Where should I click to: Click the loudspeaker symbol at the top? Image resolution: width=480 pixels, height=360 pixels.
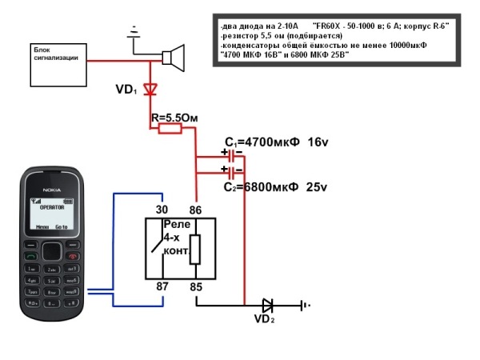click(x=174, y=58)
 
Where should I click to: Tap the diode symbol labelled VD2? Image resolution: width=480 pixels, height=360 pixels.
click(x=267, y=305)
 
